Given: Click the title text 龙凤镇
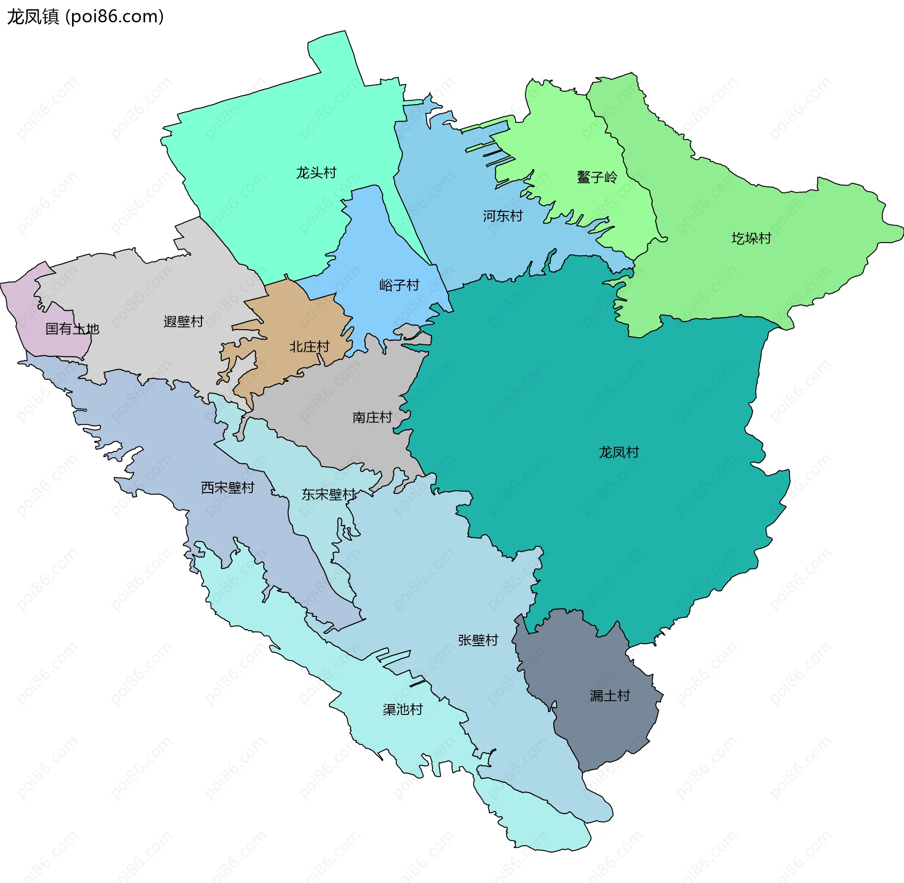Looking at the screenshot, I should coord(33,17).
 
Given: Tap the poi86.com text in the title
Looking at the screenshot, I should coord(115,17).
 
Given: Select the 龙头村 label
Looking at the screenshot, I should coord(316,173).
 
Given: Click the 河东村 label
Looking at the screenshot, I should coord(502,216).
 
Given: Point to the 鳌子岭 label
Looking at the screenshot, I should coord(597,178).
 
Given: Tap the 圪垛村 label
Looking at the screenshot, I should coord(751,239).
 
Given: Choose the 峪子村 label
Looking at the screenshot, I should coord(399,285).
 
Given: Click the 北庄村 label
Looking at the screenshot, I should coord(309,347).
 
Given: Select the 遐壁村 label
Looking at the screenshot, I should coord(183,322).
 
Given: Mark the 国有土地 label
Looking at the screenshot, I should coord(72,329).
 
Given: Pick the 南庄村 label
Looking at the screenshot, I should coord(372,418).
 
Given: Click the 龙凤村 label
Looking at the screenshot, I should coord(619,453).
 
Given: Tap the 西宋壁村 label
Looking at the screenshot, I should coord(227,488).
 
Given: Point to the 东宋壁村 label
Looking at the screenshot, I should coord(329,494).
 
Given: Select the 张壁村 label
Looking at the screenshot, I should coord(478,640).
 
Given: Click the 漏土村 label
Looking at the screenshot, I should coord(610,696).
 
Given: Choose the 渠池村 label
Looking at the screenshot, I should coord(403,710).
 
